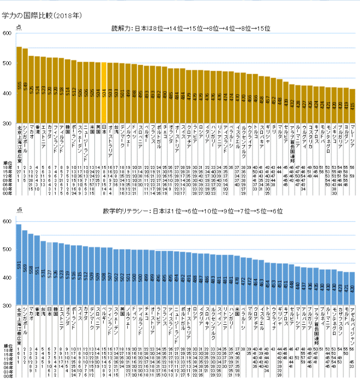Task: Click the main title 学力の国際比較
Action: (35, 16)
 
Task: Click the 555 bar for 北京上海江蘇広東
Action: (19, 85)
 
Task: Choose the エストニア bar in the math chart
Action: (61, 274)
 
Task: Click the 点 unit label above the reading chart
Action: (19, 27)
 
